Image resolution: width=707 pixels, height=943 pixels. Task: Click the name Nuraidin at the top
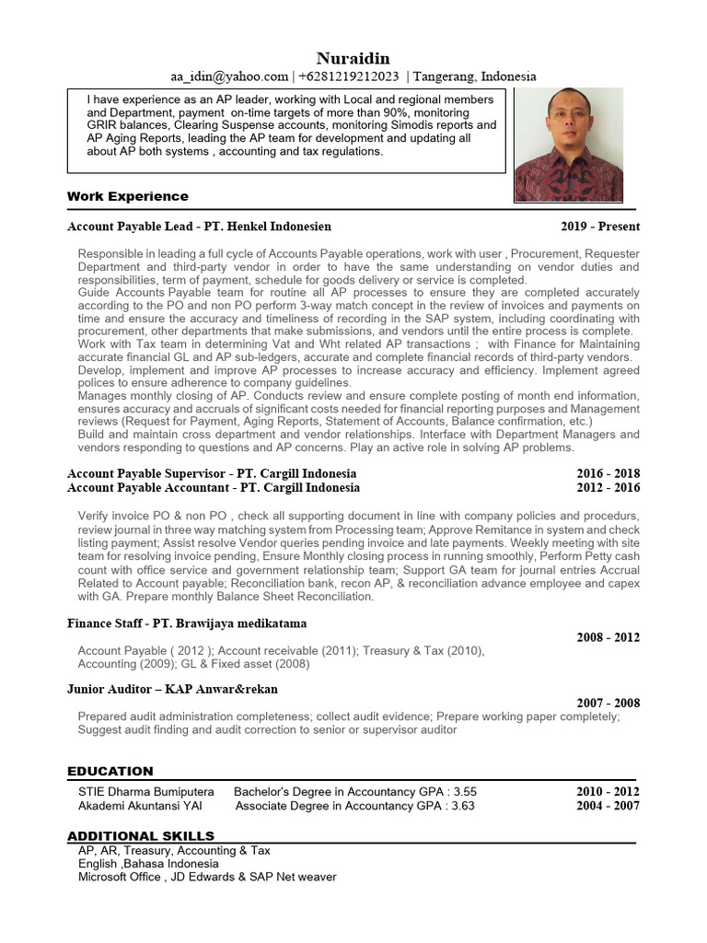click(x=353, y=59)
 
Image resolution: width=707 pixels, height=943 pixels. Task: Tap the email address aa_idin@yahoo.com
click(x=228, y=76)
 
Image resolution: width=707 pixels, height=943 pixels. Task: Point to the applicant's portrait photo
click(x=568, y=146)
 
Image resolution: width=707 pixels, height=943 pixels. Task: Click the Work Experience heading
click(x=127, y=196)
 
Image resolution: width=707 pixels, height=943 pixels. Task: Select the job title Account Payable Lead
click(x=130, y=227)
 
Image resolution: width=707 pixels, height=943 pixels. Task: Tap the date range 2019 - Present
click(x=600, y=227)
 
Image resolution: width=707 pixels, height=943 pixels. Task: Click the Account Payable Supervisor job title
click(x=147, y=473)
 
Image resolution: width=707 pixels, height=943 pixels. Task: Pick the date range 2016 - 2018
click(x=608, y=473)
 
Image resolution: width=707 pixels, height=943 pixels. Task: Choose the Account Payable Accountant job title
click(x=148, y=488)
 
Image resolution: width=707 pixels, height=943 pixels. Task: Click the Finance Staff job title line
click(x=187, y=623)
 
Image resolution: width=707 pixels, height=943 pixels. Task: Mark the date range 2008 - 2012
click(x=608, y=637)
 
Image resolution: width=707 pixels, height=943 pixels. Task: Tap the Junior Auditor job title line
click(x=172, y=689)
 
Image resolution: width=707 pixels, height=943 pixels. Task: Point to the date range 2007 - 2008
click(x=608, y=703)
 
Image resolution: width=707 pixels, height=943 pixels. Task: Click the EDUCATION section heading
click(x=110, y=771)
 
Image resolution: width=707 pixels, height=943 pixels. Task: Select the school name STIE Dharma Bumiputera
click(x=145, y=792)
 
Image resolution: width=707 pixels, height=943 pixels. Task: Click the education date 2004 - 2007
click(x=608, y=806)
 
